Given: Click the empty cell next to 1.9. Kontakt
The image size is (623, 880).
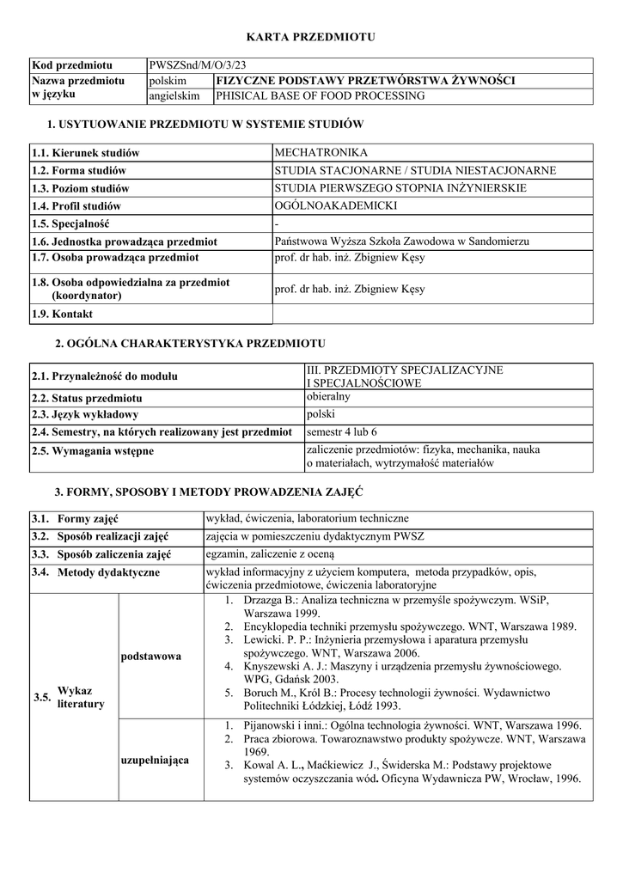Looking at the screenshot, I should [x=432, y=314].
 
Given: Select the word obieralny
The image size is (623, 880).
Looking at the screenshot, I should [x=328, y=397].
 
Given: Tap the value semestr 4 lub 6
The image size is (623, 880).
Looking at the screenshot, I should [x=342, y=431].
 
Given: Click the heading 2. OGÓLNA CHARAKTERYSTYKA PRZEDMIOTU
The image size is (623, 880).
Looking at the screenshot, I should [x=190, y=344].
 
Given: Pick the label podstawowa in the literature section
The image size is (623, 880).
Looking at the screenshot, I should [x=151, y=656].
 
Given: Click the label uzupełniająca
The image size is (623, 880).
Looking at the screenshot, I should [x=156, y=760].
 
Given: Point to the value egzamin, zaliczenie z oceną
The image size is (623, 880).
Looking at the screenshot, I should [x=271, y=553].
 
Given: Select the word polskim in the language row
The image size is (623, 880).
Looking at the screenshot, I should [x=168, y=81].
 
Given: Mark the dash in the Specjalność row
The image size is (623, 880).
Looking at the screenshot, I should [x=276, y=223].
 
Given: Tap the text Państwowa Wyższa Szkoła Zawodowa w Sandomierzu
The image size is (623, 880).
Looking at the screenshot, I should [x=401, y=241].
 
